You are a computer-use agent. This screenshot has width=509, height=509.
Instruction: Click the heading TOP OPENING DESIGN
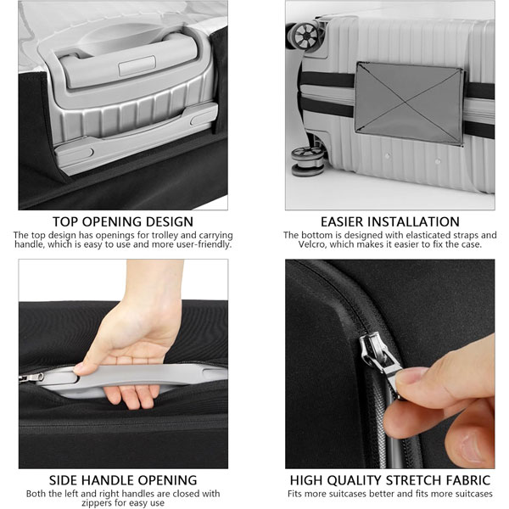[123, 221]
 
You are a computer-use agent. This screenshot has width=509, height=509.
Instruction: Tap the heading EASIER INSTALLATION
[390, 221]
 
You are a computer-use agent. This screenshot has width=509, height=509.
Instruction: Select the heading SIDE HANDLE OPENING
[123, 480]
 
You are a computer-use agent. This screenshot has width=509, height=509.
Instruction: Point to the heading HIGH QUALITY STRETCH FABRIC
[390, 480]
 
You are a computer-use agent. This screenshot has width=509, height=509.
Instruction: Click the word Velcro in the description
[312, 244]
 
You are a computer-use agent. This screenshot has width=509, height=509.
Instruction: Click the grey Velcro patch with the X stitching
[409, 103]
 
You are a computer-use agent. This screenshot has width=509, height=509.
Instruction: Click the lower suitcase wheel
[307, 161]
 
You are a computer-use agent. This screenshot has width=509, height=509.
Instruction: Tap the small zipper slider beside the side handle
[31, 378]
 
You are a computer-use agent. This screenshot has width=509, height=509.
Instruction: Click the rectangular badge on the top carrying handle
[137, 66]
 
